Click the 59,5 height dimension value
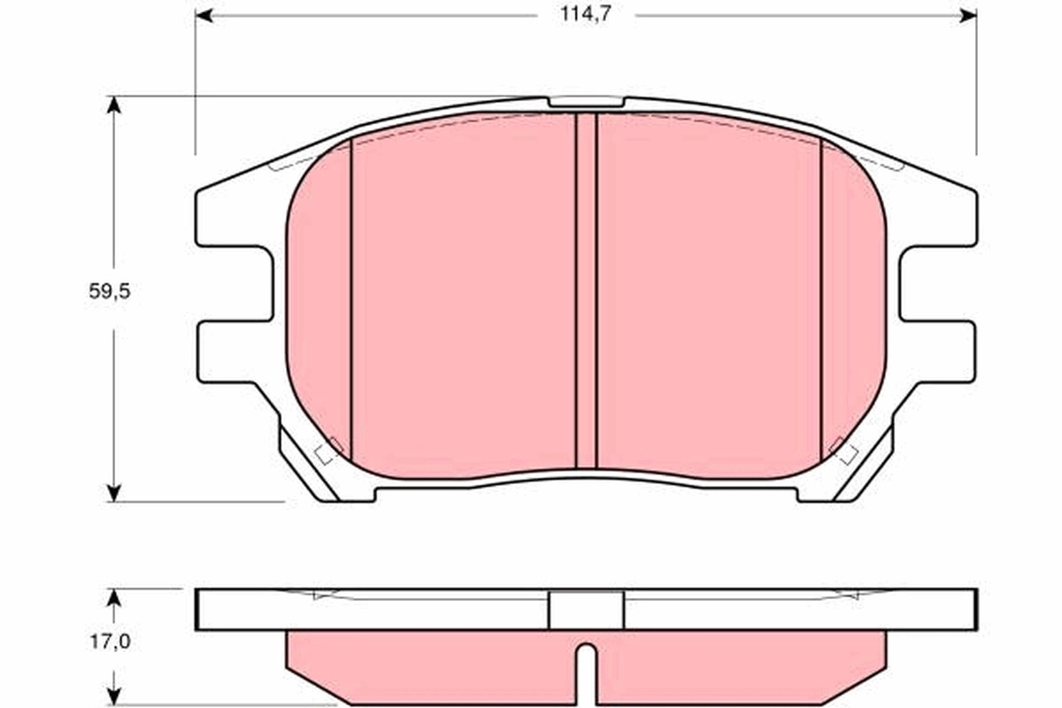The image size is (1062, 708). [110, 291]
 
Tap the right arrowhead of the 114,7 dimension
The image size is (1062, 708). [968, 15]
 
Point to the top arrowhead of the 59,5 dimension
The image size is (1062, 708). [112, 104]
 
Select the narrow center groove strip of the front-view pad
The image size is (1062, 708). [586, 292]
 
